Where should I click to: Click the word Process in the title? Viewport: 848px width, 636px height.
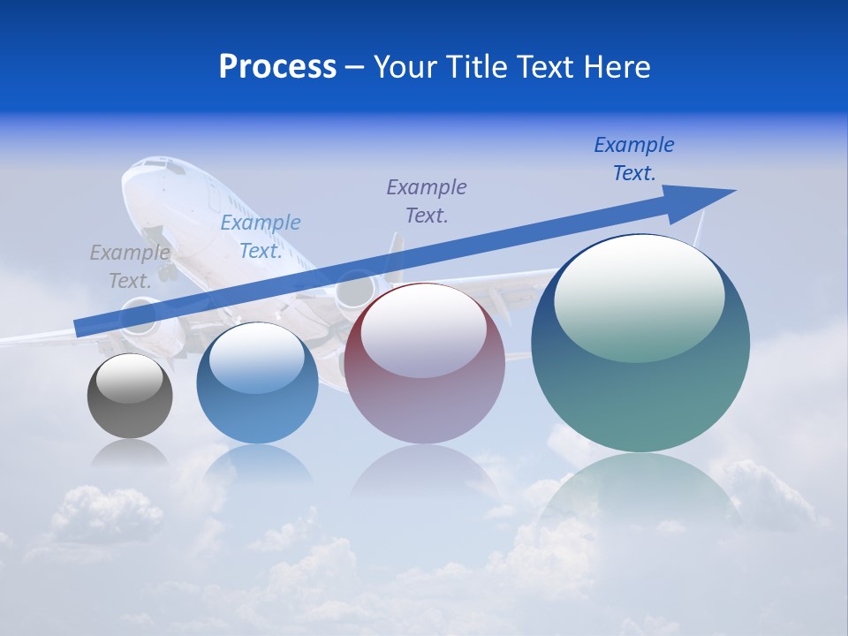point(277,67)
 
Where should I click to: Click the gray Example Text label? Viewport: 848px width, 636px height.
point(130,267)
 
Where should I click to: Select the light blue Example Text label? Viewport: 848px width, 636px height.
point(261,237)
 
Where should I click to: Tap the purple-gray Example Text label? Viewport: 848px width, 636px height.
point(427,201)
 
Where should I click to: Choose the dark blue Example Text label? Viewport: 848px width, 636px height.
point(634,159)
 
